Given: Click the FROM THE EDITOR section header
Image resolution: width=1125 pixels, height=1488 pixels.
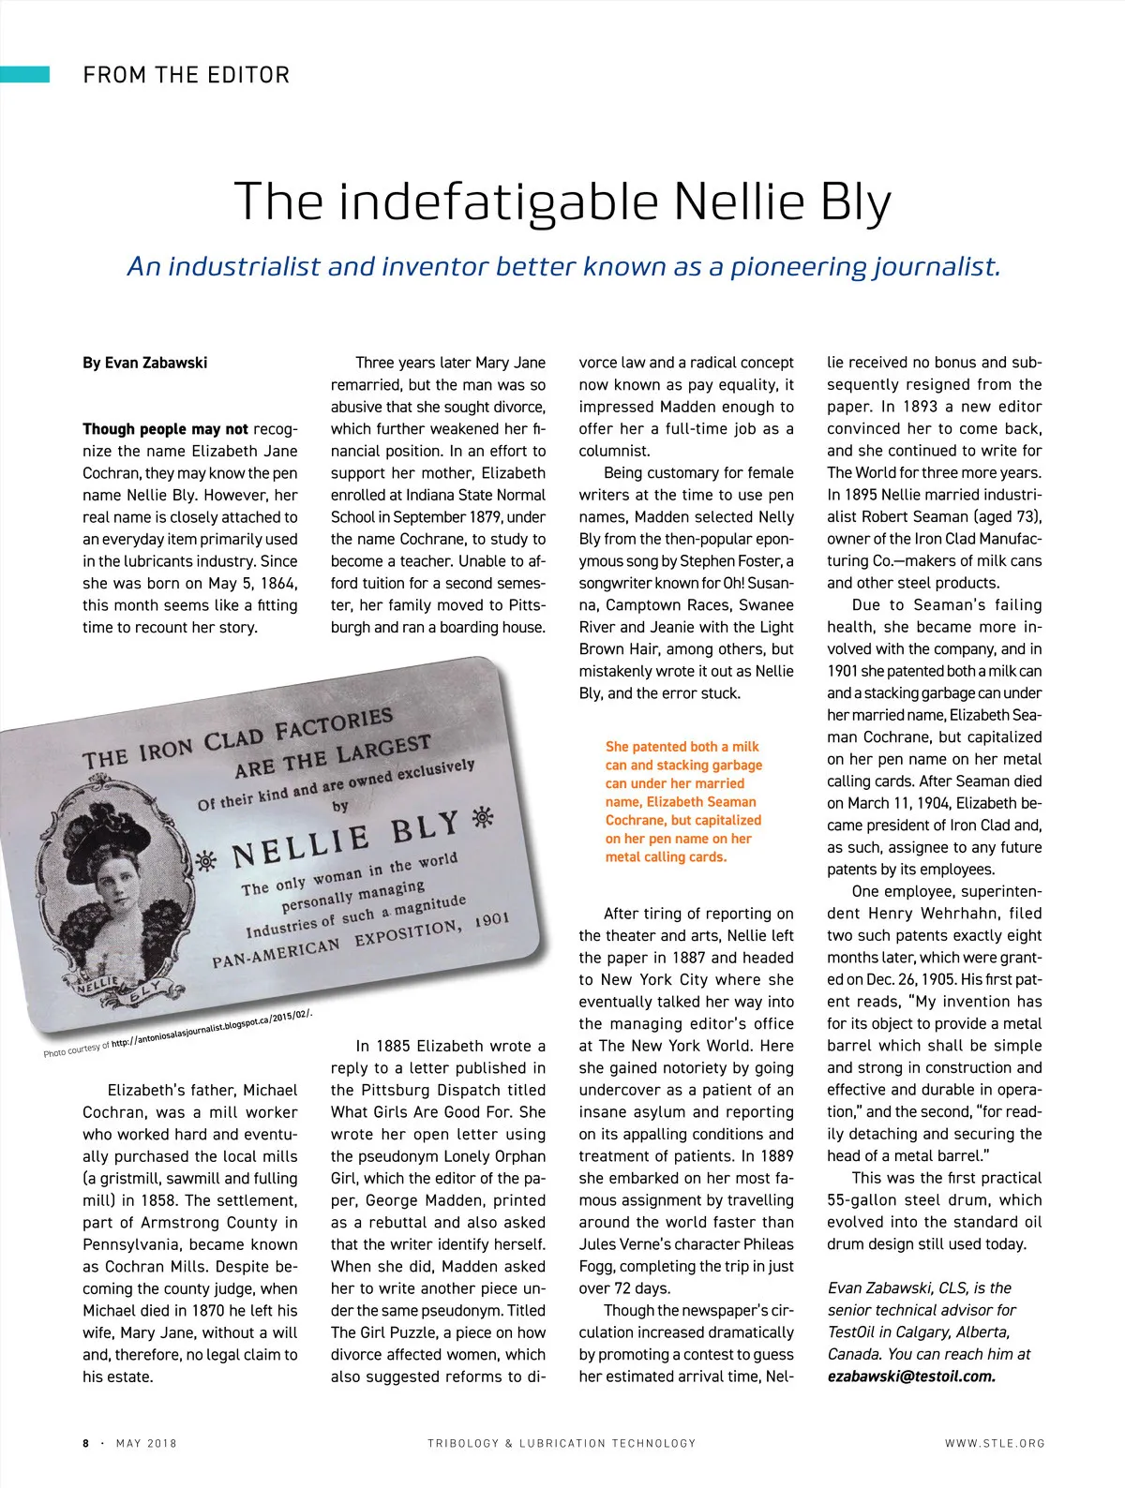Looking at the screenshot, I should [186, 75].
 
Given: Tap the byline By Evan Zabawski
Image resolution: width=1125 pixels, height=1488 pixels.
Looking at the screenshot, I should [144, 363].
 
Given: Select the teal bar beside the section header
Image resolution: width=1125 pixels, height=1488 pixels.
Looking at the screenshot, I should [24, 74].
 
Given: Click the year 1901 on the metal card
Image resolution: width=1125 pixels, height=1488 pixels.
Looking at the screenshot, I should [491, 919].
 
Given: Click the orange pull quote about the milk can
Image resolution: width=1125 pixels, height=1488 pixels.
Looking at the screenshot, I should [683, 801].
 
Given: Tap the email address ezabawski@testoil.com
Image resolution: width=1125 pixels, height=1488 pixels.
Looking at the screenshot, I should [911, 1376].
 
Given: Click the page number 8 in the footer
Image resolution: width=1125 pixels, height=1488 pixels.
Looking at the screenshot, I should [85, 1443].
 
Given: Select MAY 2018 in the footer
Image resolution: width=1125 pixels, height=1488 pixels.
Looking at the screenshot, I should [146, 1443].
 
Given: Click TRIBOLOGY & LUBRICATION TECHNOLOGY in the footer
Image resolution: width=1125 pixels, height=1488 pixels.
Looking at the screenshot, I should [562, 1443].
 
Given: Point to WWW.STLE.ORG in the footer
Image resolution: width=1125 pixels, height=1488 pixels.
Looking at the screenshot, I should [994, 1443].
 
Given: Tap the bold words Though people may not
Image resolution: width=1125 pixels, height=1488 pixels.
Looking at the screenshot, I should [165, 429].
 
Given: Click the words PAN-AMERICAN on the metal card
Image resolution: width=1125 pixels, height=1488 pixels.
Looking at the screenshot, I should [277, 951].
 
